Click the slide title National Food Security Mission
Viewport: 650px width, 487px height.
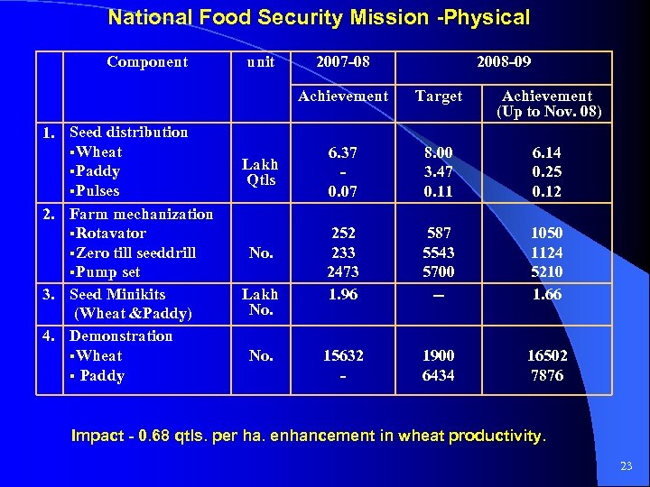click(x=318, y=17)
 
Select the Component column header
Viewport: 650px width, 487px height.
click(x=147, y=61)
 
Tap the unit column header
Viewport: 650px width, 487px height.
click(x=261, y=61)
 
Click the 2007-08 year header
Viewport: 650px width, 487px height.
click(x=343, y=61)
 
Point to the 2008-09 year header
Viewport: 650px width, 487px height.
click(x=504, y=61)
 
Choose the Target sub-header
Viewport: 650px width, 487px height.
click(x=439, y=96)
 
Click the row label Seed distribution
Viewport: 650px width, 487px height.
click(x=128, y=132)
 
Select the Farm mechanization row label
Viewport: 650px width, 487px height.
click(x=141, y=214)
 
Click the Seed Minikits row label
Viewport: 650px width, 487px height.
click(x=117, y=294)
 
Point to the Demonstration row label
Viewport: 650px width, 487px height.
click(x=121, y=335)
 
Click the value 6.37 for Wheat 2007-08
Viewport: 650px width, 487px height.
click(x=343, y=152)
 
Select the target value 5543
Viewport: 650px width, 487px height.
click(x=439, y=253)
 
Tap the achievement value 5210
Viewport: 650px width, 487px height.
click(x=547, y=271)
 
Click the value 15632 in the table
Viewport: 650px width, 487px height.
click(x=343, y=355)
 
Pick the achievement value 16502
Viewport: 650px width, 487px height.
click(x=547, y=355)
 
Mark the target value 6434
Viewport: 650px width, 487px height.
click(x=439, y=375)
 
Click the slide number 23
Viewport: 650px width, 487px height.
click(x=627, y=466)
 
